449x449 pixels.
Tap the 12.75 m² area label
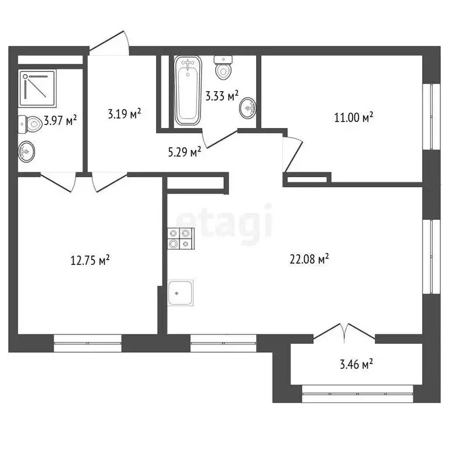88,261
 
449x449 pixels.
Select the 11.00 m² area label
353,118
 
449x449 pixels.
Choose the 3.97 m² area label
60,122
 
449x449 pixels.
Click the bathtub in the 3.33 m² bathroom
188,91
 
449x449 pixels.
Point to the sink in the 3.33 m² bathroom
248,108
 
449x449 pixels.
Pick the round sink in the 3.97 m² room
27,153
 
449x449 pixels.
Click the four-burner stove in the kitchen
179,239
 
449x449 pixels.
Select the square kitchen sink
181,292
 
